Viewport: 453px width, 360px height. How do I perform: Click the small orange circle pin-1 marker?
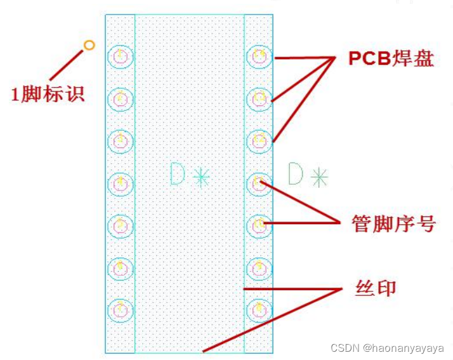tap(89, 45)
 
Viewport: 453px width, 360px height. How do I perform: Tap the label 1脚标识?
tap(48, 94)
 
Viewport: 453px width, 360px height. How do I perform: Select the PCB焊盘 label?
tap(391, 58)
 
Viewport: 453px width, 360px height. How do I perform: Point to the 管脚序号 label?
tap(394, 223)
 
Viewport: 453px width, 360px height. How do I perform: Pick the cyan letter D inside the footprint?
tap(178, 174)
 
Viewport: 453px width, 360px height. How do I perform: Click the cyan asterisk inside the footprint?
tap(201, 177)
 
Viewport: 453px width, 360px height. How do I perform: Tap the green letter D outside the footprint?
tap(296, 174)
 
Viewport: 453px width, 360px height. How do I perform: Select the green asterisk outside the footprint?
tap(318, 177)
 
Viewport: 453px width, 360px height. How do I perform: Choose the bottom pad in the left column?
tap(120, 310)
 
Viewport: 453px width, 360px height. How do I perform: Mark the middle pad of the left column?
tap(120, 183)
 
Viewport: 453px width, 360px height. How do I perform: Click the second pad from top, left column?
tap(120, 99)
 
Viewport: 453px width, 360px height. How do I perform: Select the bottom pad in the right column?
tap(259, 310)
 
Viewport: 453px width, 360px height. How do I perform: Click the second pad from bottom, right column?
tap(259, 267)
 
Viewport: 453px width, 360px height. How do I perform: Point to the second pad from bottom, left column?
tap(120, 267)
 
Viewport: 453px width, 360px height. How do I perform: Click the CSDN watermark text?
tap(387, 348)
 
